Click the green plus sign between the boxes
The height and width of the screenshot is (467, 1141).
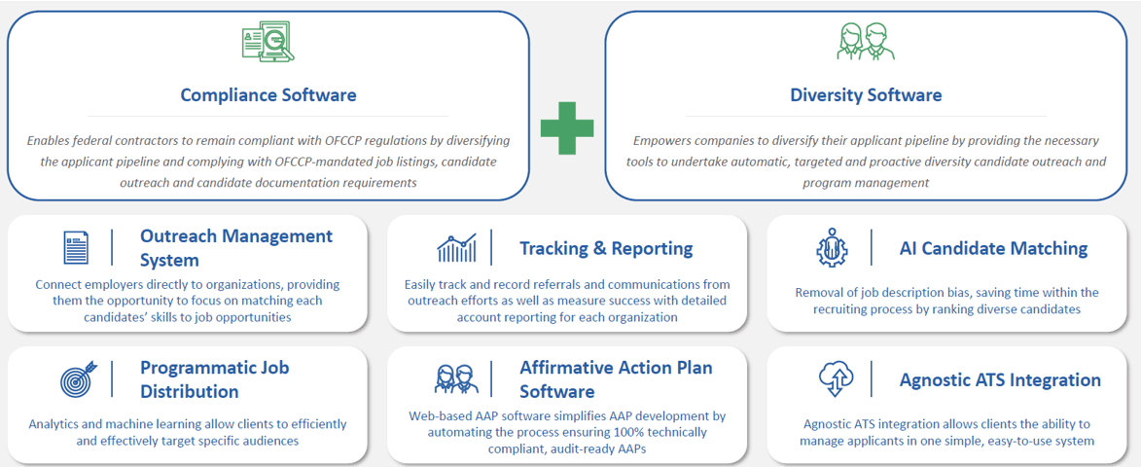coord(567,127)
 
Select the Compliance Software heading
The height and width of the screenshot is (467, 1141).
coord(268,94)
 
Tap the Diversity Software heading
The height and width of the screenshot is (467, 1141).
coord(866,94)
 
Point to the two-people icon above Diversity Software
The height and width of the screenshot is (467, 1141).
coord(865,42)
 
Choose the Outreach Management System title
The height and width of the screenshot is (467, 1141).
coord(236,248)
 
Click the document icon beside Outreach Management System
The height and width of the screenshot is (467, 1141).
coord(76,247)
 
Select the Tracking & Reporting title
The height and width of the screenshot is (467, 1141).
coord(606,249)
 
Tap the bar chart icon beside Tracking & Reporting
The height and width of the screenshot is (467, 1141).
coord(457,248)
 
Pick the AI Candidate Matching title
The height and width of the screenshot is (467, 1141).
coord(993,249)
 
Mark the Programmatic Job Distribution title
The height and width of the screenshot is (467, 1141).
coord(215,379)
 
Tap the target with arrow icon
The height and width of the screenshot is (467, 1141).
coord(77,378)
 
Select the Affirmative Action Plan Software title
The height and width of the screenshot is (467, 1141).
coord(616,379)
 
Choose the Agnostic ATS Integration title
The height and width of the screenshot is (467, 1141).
coord(1000,380)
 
